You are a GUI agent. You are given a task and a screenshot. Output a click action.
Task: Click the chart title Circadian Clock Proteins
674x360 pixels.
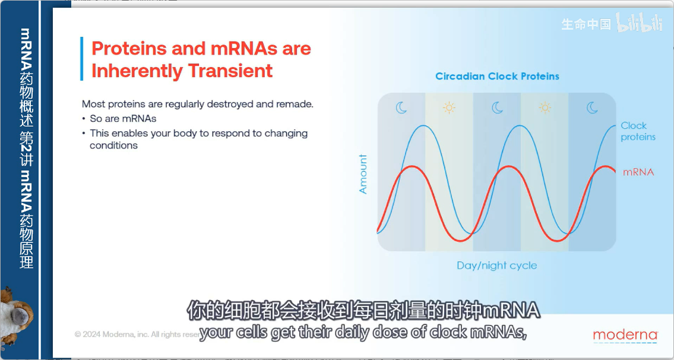497,77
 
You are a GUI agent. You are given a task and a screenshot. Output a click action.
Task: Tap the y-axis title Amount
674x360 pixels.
363,174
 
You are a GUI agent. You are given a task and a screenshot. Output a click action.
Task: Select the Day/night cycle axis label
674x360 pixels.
496,266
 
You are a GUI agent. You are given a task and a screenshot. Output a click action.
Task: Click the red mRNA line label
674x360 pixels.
638,172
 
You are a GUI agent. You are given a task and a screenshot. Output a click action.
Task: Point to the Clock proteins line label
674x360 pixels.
638,131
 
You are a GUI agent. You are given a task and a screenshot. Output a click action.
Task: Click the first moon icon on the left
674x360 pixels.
401,108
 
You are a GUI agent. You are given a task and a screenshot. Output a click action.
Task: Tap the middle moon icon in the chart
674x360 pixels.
497,108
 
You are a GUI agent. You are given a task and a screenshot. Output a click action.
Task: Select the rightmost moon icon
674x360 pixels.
592,108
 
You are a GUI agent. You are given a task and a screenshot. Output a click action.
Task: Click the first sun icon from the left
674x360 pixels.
449,108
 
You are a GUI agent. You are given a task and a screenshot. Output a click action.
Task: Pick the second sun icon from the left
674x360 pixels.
545,108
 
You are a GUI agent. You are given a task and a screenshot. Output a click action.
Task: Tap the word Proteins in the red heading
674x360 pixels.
129,48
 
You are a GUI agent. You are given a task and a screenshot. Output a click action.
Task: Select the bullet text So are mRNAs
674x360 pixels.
123,119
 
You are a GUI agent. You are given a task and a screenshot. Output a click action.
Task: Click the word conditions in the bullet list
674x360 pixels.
113,146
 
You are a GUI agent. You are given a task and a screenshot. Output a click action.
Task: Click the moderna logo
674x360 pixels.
625,336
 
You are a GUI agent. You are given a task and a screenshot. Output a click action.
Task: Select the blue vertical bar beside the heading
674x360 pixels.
82,59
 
